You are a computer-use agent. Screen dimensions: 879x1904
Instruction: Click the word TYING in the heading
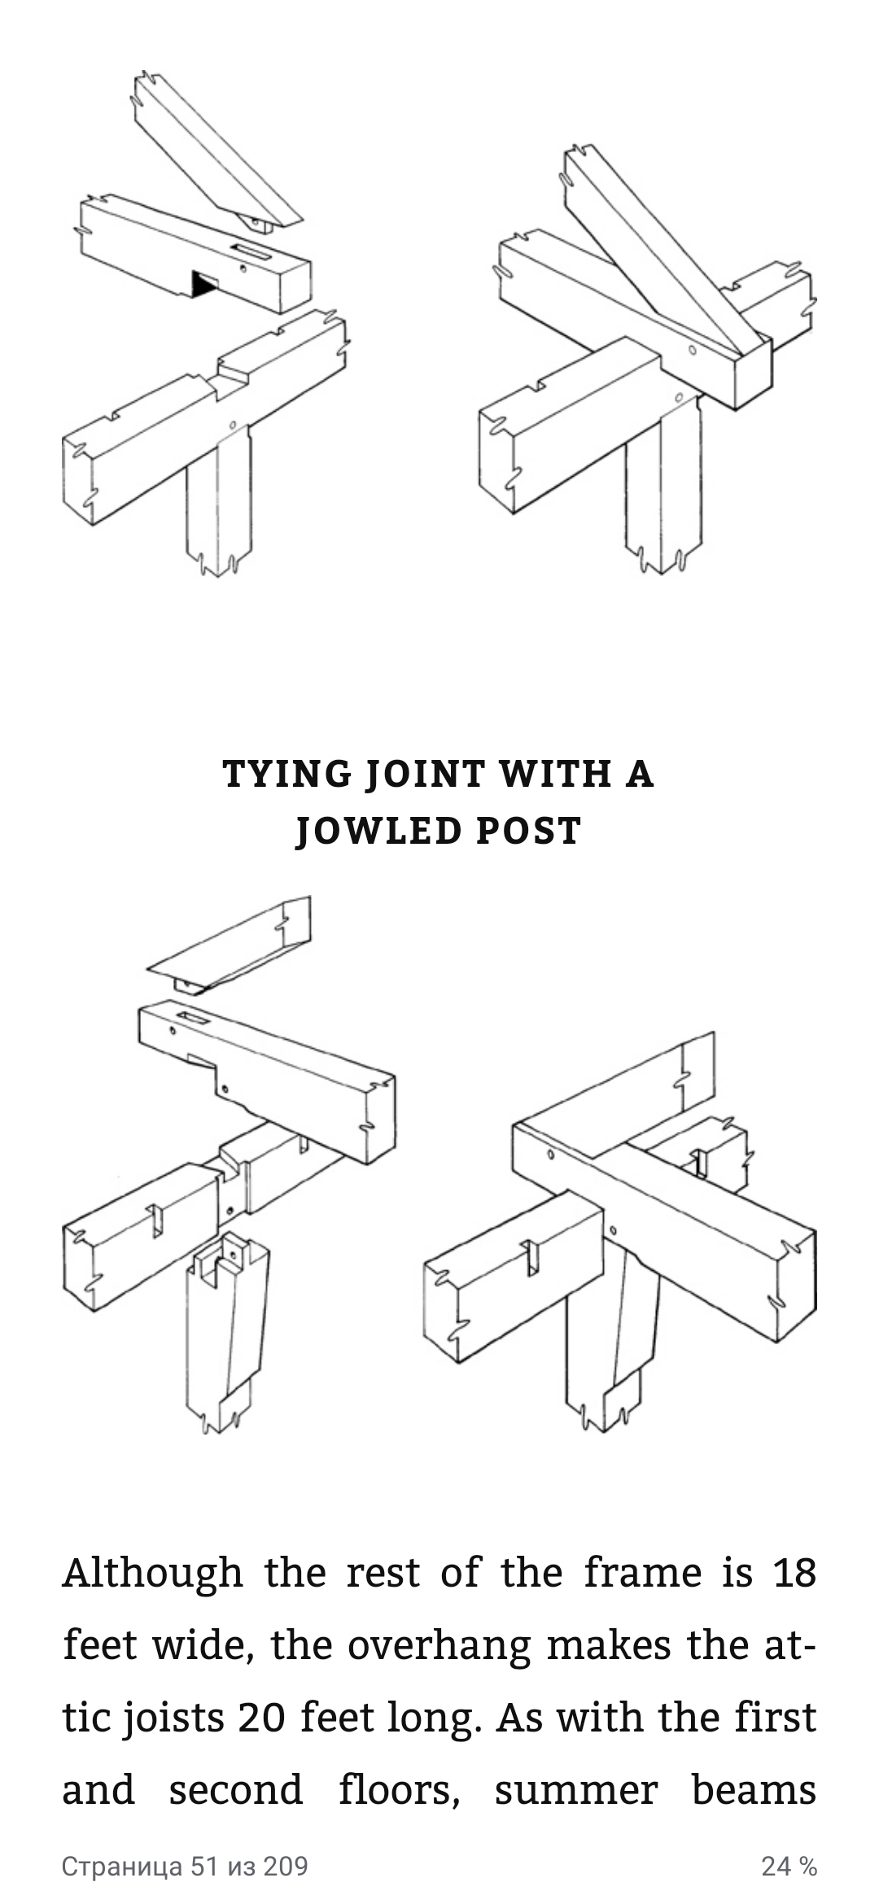click(287, 774)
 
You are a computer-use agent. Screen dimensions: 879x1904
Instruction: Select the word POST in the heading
click(529, 832)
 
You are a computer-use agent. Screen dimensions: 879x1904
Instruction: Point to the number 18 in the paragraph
click(794, 1573)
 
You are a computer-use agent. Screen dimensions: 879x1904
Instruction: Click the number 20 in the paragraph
click(261, 1718)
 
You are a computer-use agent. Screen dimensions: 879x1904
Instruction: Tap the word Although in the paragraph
click(152, 1573)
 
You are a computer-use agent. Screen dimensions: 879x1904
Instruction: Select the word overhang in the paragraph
click(439, 1646)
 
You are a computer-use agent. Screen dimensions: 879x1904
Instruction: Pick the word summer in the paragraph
click(576, 1791)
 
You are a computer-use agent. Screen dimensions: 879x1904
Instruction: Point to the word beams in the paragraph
click(754, 1791)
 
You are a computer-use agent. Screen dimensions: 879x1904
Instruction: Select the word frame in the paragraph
click(642, 1573)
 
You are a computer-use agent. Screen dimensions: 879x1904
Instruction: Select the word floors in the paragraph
click(400, 1791)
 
